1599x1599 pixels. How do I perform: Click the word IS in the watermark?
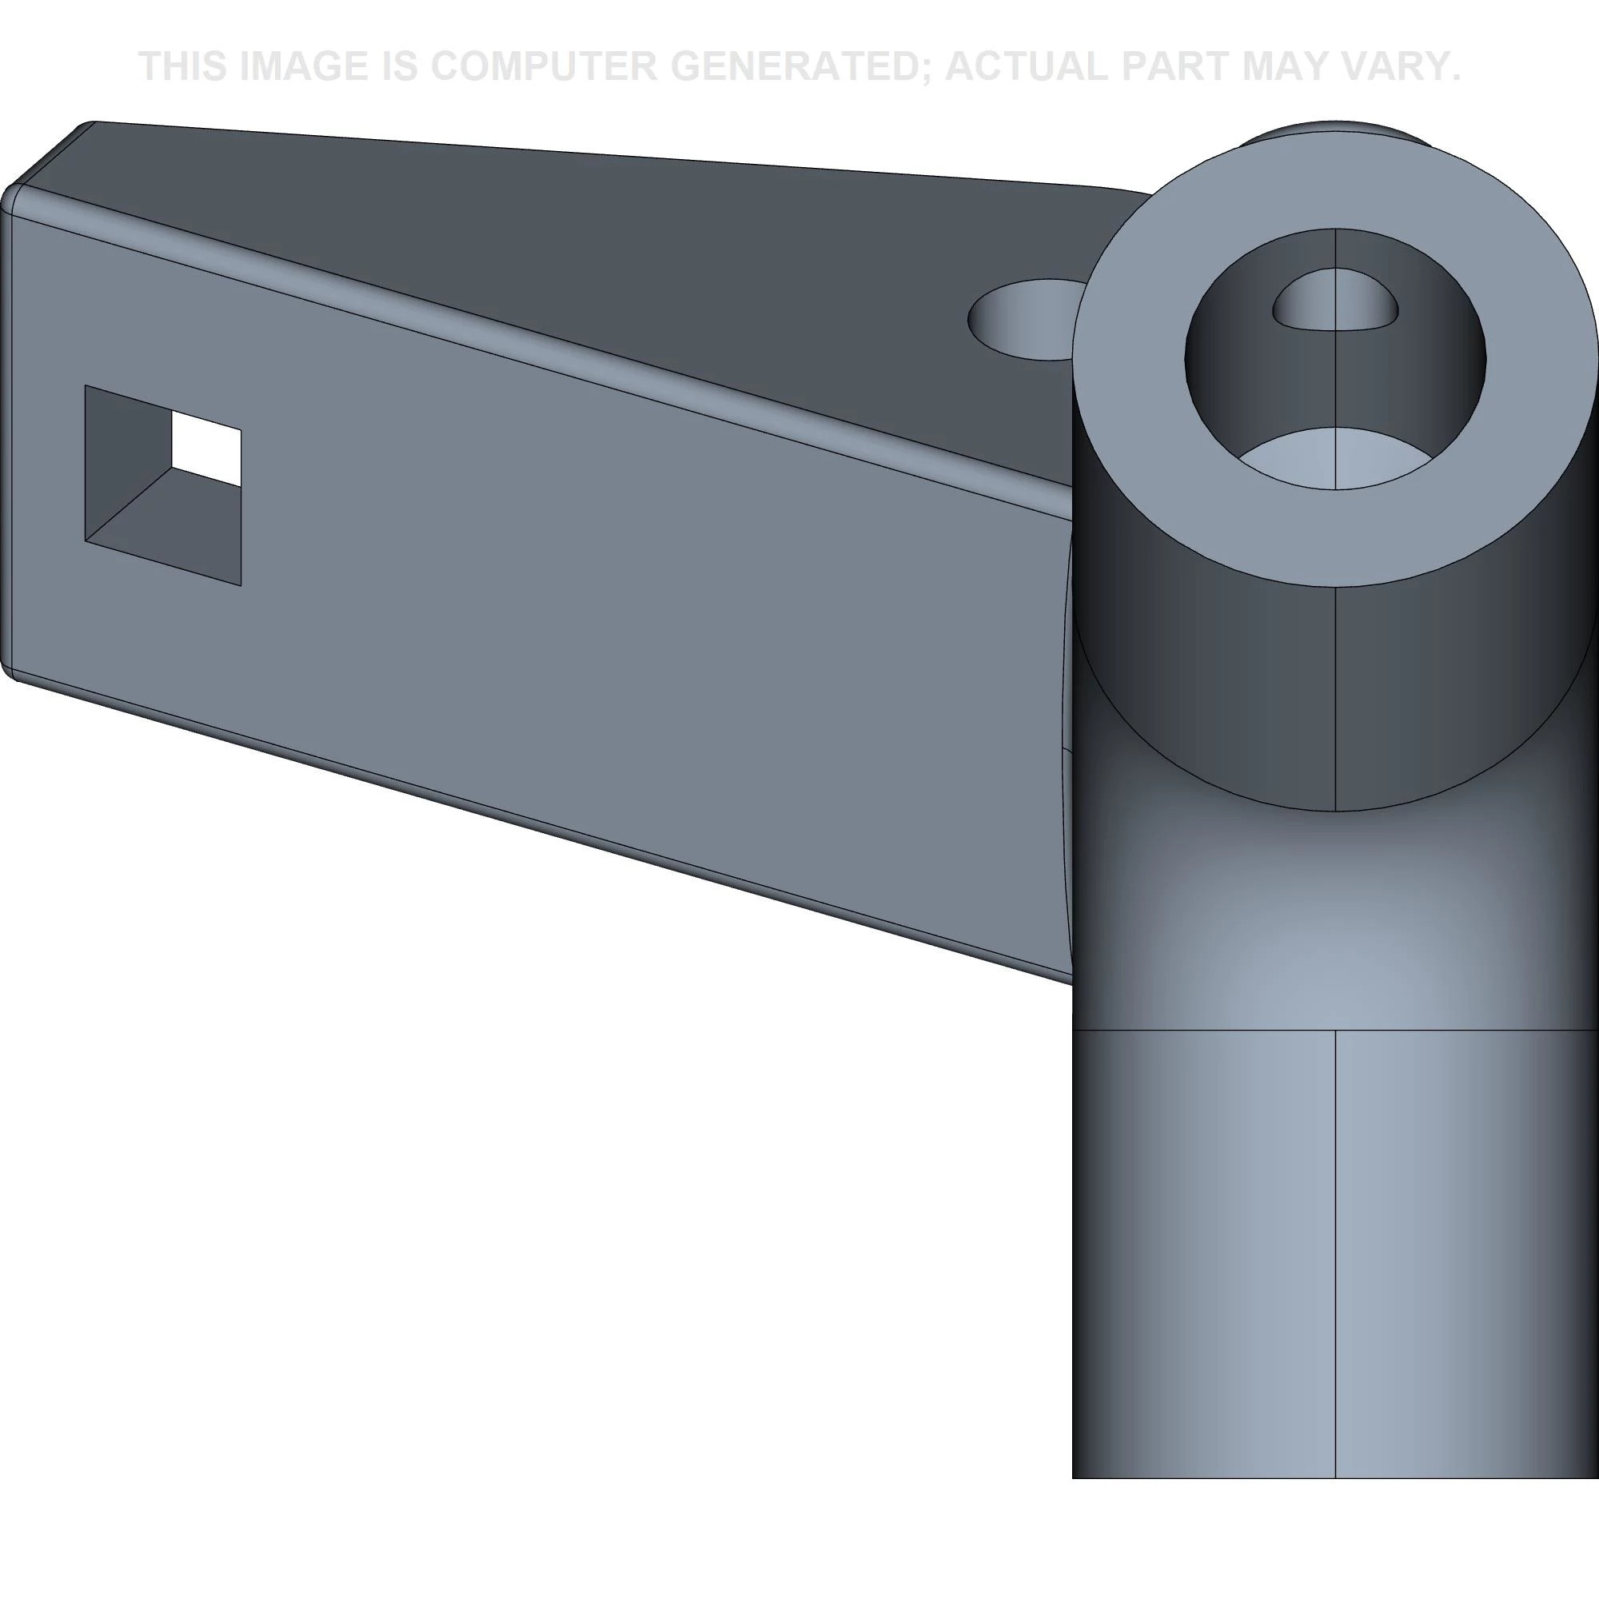click(x=400, y=66)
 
